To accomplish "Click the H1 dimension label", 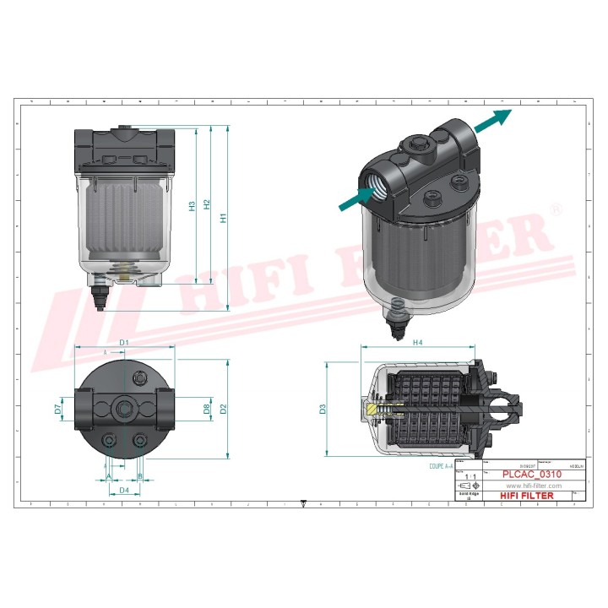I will click(223, 217).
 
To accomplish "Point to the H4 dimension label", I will click(418, 342).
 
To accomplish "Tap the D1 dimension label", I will click(123, 342).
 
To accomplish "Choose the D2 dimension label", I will click(223, 409).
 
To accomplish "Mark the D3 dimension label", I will click(323, 410).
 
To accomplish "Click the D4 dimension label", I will click(123, 490).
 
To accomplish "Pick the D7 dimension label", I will click(58, 410).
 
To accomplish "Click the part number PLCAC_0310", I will click(532, 475).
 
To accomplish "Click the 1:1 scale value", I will click(469, 476).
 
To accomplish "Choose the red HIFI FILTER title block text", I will click(528, 496).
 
